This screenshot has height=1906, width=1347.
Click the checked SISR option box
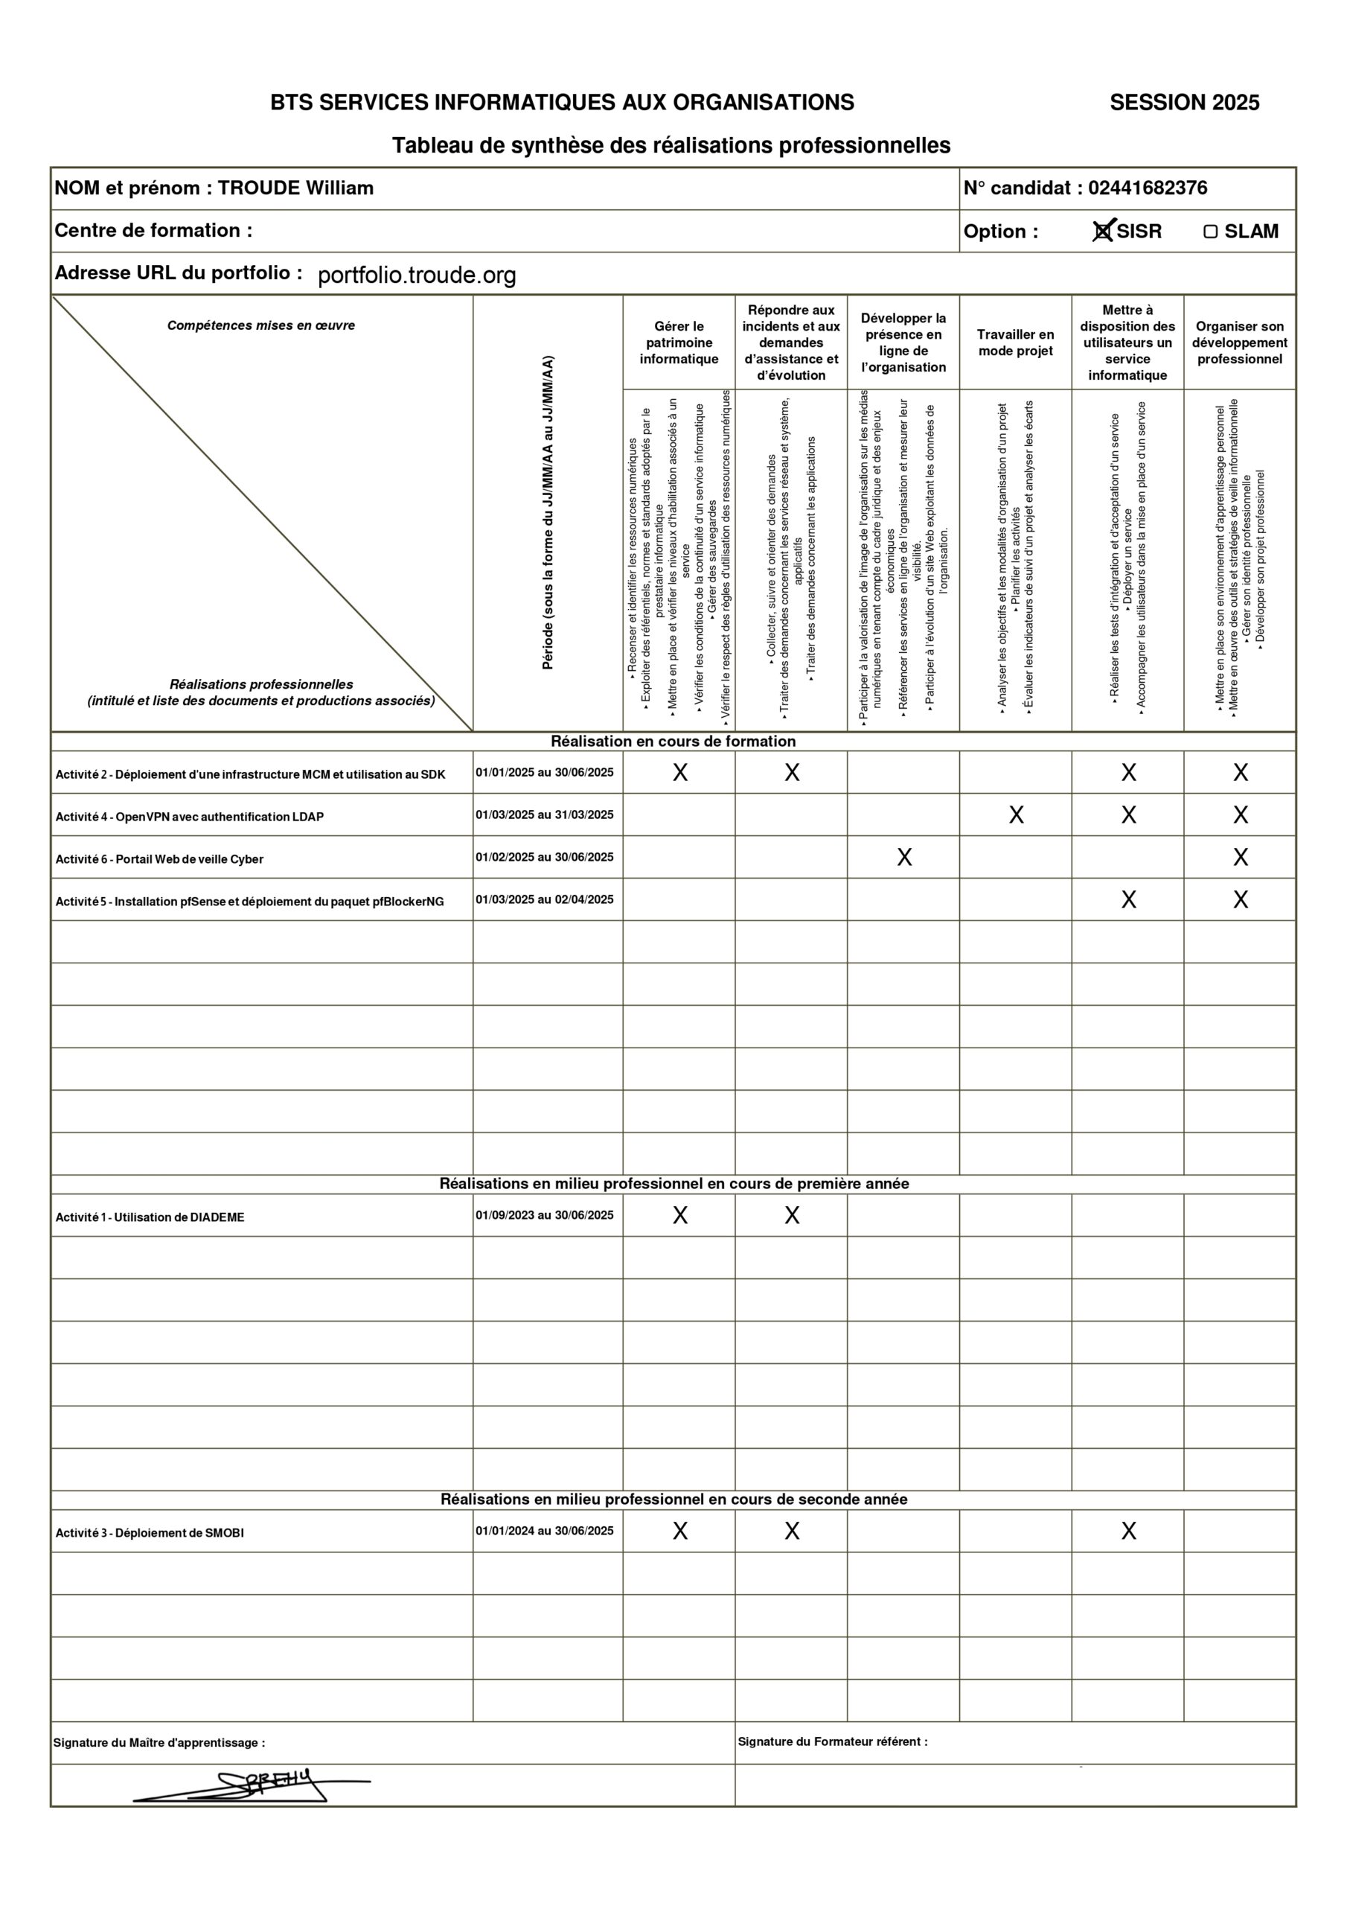click(1102, 232)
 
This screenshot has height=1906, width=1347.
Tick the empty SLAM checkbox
click(1210, 232)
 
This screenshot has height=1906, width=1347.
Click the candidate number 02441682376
click(1147, 188)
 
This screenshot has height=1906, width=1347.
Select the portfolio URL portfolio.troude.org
click(417, 275)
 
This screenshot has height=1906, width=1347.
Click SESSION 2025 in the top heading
click(1183, 103)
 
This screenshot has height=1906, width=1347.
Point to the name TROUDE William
click(295, 188)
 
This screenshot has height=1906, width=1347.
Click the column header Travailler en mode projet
click(1015, 342)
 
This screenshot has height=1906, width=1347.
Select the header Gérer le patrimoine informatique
click(679, 342)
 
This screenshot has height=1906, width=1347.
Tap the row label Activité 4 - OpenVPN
click(189, 817)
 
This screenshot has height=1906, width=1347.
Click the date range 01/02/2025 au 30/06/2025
click(545, 857)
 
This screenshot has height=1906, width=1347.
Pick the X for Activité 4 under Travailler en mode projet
click(1016, 815)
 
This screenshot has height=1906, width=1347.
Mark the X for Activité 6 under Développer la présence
click(903, 858)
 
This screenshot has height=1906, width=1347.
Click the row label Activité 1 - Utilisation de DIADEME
click(150, 1217)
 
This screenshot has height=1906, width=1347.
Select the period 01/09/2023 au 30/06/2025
click(545, 1215)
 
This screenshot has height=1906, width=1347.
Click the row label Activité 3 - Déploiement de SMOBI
click(150, 1532)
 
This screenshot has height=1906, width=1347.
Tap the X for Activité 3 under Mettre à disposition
click(1128, 1531)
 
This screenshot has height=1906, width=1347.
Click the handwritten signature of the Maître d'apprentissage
click(257, 1785)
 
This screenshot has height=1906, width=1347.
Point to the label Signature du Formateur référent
click(833, 1741)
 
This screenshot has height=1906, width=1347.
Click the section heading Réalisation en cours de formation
click(673, 742)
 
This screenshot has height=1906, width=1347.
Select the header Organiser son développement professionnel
click(1239, 342)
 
